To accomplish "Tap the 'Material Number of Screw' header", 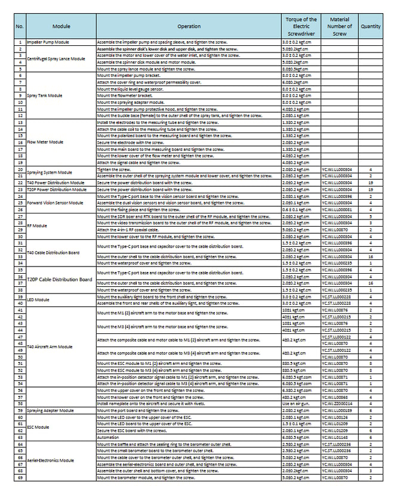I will click(339, 26).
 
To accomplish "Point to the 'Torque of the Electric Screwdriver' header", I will click(301, 26).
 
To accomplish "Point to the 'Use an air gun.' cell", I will click(297, 404).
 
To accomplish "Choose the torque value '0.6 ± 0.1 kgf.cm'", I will click(297, 209).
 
